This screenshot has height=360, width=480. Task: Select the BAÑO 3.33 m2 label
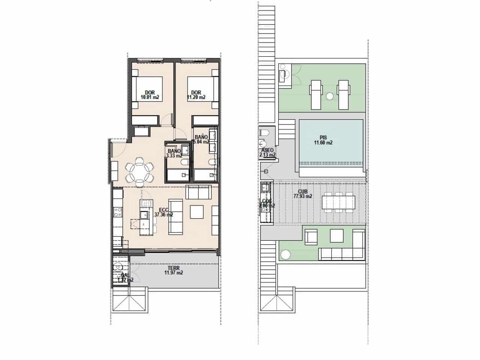[174, 153]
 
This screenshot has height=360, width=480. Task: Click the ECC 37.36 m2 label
[163, 213]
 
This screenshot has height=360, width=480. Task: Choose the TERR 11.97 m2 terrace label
[174, 270]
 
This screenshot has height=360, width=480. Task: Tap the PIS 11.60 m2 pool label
[323, 140]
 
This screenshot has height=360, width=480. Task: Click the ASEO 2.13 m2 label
[267, 152]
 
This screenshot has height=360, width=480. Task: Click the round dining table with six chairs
[139, 171]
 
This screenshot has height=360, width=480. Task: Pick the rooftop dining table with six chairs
[339, 202]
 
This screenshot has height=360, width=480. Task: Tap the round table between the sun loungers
[329, 96]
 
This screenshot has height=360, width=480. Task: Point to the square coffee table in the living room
[197, 211]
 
